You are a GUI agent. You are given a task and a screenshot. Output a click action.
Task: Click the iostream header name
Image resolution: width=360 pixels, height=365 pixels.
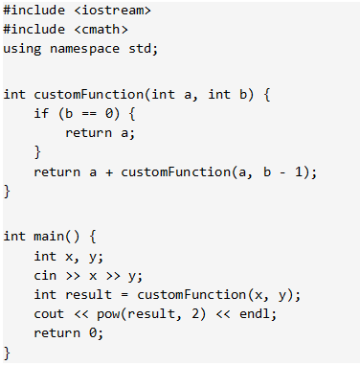113,11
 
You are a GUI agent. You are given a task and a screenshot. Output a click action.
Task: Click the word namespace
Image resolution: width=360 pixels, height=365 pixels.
85,49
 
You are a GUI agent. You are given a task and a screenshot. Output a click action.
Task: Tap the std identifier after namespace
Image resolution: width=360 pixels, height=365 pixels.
139,48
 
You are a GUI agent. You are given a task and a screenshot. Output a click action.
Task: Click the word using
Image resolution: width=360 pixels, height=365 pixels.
22,49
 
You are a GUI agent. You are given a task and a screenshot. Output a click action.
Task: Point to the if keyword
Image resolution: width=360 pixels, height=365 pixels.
41,113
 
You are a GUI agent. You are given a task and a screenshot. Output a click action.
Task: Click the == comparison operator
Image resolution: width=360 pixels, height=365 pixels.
89,114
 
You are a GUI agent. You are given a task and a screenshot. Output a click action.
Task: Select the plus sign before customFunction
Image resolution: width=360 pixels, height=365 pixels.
109,172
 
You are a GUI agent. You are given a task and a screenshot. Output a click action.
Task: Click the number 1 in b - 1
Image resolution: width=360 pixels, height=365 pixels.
299,172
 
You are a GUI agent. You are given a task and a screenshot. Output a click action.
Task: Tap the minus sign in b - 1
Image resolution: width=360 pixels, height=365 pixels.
282,172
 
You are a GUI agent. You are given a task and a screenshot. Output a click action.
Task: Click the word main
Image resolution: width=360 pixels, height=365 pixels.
49,237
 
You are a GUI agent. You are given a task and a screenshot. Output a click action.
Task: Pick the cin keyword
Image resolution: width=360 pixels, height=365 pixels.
45,276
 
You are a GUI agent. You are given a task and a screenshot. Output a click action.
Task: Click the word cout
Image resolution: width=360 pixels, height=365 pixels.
49,314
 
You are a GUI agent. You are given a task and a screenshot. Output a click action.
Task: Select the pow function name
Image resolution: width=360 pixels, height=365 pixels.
108,314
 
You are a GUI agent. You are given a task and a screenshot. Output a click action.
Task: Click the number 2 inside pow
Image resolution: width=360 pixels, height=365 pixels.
195,313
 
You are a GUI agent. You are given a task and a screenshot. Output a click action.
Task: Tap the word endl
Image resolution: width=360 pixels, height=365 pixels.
255,313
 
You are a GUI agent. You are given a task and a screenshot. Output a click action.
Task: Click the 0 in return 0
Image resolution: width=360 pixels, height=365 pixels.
92,333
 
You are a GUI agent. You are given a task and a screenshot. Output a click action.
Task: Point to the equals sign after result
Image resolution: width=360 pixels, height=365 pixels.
124,295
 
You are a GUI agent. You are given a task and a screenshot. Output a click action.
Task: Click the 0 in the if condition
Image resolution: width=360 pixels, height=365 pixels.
109,113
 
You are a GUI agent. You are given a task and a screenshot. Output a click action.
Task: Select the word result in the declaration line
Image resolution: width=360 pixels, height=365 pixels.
89,295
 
